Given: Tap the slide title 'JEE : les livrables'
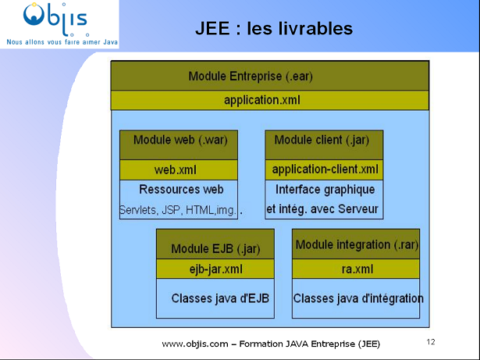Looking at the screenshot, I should pos(274,29).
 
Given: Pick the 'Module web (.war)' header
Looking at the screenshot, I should pos(179,141).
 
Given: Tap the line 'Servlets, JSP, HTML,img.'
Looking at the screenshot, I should pos(179,210).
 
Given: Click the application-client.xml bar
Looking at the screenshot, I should pos(325,169).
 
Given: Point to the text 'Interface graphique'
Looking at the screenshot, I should pos(325,190).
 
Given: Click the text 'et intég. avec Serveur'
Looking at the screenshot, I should pos(322,209).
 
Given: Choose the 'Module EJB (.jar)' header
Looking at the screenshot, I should pos(215,249).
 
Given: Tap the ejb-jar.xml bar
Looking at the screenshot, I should pos(215,269).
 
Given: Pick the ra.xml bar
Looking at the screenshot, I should pos(357,269).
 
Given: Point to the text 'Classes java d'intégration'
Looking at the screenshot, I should pos(358,298).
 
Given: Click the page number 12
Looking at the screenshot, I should pos(431,342).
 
